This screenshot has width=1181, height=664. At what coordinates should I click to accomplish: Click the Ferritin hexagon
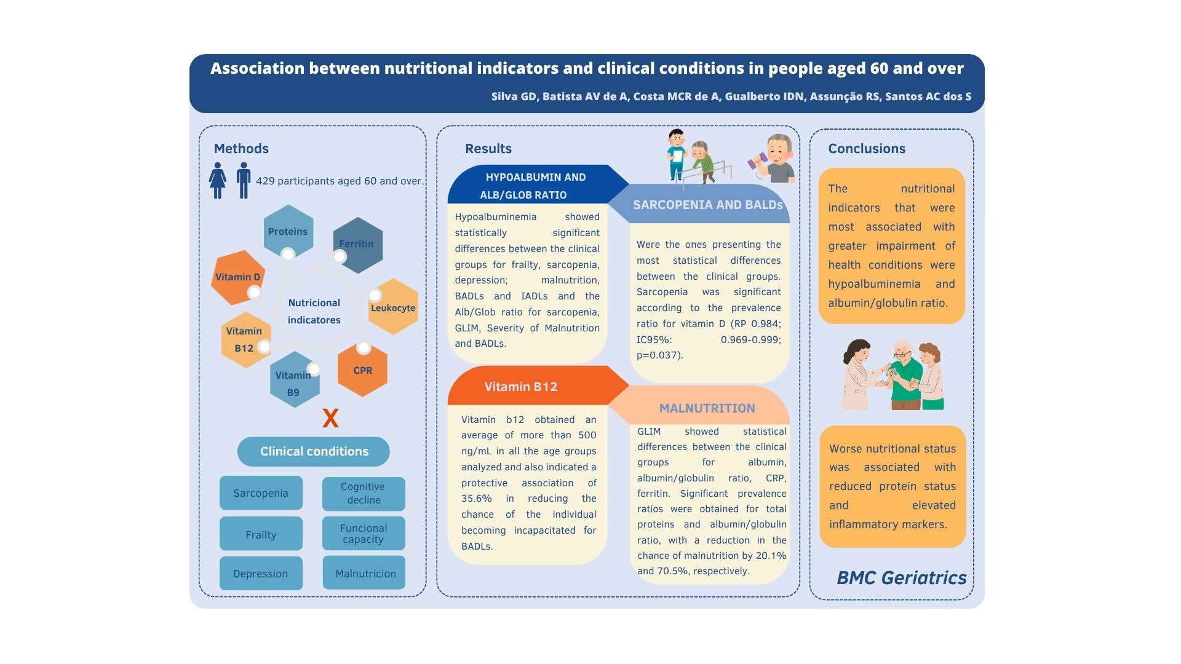point(357,245)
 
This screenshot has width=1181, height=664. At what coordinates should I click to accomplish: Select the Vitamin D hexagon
point(238,277)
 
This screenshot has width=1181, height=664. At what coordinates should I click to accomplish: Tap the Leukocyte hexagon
point(393,307)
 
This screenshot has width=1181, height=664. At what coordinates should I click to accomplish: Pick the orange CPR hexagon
point(362,370)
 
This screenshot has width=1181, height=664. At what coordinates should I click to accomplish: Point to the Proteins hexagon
point(288,231)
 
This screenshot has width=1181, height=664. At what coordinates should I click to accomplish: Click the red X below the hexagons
point(330,419)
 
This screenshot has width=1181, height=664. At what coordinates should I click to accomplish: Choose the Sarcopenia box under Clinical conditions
point(261,493)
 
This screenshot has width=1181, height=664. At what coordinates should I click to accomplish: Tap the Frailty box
point(261,534)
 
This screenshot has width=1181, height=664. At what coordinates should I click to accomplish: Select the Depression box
point(261,574)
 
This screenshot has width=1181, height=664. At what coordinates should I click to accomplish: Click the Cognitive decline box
point(364,494)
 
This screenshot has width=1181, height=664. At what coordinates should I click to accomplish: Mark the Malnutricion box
point(364,574)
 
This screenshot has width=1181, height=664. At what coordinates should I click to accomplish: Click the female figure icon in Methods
point(218,181)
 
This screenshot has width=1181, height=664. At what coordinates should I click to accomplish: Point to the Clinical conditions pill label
point(314,451)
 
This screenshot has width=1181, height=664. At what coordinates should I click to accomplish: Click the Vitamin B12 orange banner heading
point(520,387)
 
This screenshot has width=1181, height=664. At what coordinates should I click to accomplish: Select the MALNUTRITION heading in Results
point(707,408)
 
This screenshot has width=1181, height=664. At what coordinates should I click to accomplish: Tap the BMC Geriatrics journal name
point(901,578)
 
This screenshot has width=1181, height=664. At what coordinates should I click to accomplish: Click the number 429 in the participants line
point(265,181)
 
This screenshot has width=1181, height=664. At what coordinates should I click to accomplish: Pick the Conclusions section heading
point(867,148)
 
